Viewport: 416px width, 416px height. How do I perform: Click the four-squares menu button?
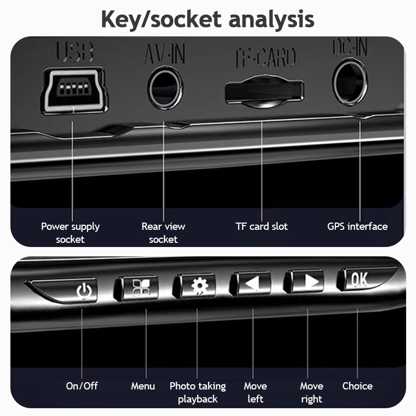136,287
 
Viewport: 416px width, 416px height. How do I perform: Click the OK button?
359,280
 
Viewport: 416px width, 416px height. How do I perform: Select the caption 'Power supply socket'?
70,232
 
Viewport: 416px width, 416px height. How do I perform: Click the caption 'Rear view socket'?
163,232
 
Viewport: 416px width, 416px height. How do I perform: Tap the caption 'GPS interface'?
357,226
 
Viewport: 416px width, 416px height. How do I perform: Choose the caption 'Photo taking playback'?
198,392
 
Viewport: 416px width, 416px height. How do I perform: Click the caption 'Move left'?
255,392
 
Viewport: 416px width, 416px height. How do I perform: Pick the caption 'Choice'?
357,386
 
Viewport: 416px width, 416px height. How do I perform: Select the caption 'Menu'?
143,386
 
